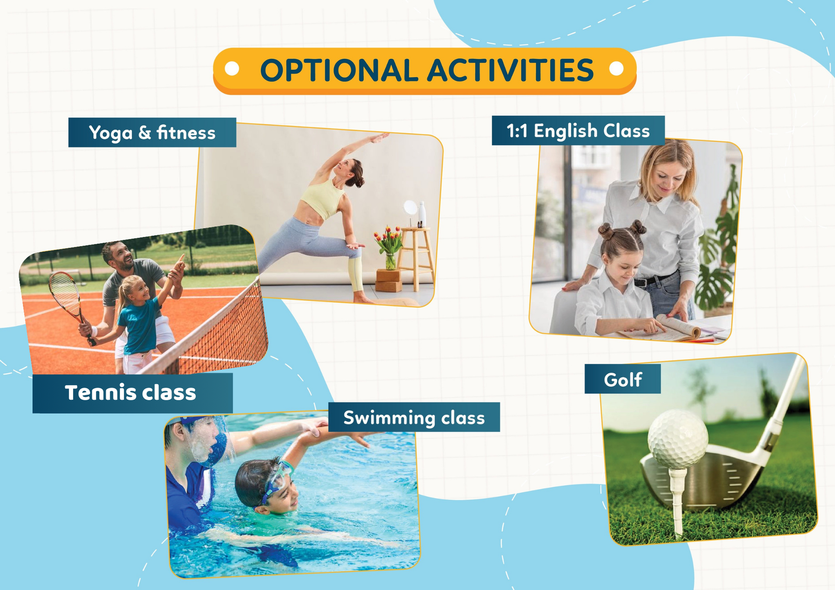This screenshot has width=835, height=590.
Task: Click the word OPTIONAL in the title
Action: tap(339, 70)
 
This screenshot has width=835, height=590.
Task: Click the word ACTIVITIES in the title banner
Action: tap(510, 70)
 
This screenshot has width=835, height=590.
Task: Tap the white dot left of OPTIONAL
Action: tap(232, 69)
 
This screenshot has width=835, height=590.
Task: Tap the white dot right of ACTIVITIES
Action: tap(616, 69)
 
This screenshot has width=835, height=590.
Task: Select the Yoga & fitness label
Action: tap(152, 133)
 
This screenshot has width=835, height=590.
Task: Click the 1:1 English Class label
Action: tap(578, 130)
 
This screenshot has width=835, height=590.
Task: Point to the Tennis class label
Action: tap(132, 393)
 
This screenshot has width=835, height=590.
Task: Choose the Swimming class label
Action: tap(414, 417)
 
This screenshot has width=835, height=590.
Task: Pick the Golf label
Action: tap(623, 380)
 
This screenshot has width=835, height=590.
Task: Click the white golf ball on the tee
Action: tap(677, 439)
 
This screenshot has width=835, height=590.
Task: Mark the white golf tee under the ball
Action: tap(677, 500)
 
